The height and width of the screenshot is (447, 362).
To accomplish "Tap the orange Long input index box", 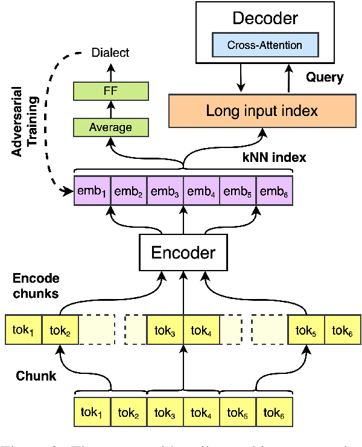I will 261,111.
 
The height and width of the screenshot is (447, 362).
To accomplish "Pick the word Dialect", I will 110,53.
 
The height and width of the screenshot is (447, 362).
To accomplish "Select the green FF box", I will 110,91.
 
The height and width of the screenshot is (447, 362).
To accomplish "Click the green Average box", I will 110,127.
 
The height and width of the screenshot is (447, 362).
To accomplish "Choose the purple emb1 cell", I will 92,191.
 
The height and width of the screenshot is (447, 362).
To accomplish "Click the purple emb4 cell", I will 202,191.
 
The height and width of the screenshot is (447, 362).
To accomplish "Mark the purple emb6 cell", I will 275,191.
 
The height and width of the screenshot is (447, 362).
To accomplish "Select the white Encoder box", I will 182,251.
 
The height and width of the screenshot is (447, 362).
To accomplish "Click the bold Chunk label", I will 36,375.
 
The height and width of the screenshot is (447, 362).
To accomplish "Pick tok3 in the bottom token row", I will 165,414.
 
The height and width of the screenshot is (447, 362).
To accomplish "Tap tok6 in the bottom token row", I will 275,414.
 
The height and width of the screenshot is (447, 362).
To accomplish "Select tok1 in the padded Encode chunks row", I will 24,330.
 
